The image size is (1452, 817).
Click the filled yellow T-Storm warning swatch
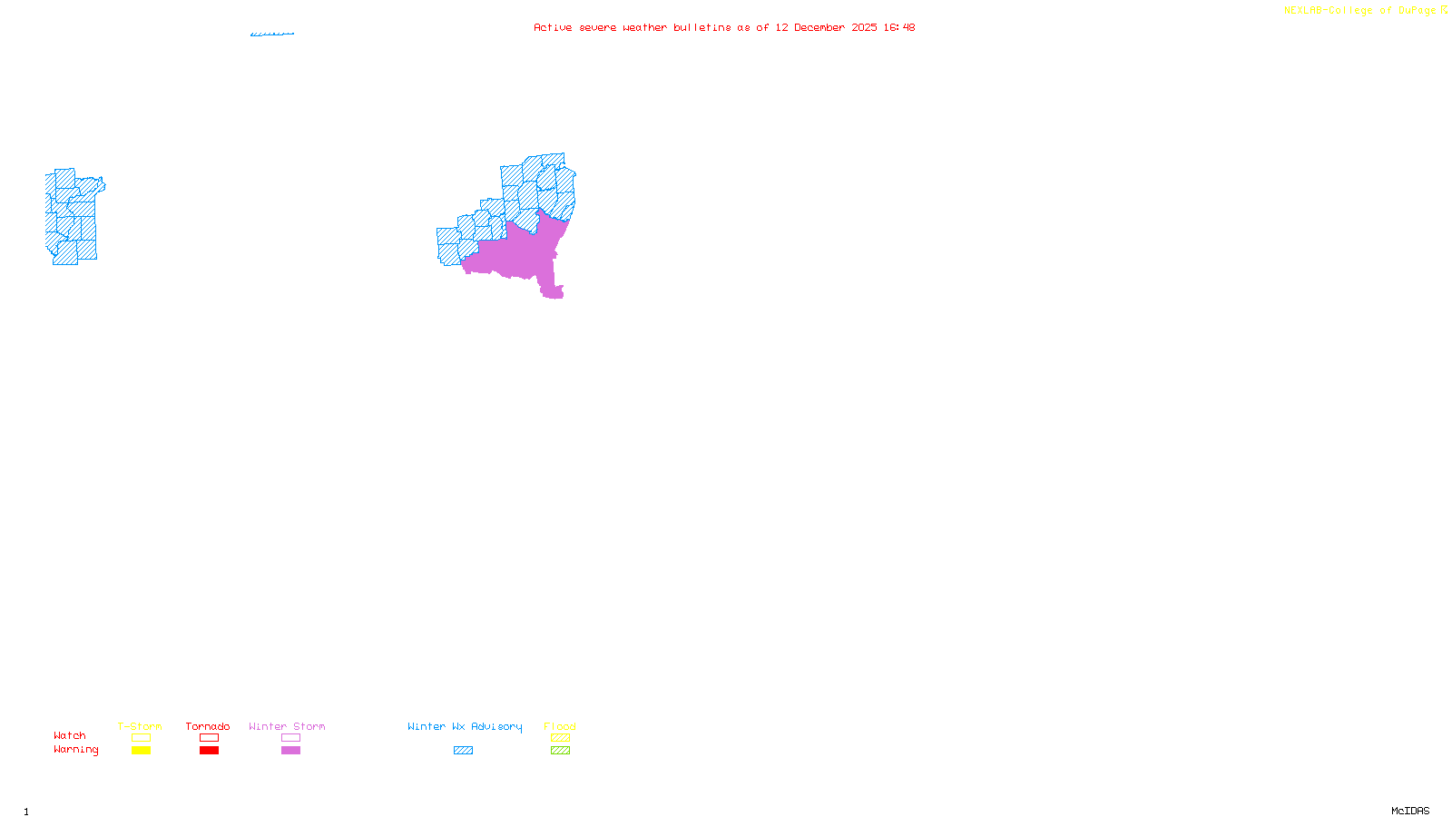point(141,751)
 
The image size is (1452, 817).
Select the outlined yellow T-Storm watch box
point(141,738)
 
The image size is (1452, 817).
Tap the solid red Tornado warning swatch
point(209,751)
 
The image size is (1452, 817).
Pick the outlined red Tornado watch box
point(209,738)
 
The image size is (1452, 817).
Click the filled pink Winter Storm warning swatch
point(290,751)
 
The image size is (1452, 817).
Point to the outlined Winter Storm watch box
point(290,738)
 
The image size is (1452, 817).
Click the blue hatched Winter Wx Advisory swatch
point(463,751)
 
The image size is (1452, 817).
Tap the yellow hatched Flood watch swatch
point(560,738)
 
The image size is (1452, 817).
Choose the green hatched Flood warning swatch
point(560,751)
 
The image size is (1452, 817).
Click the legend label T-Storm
point(140,726)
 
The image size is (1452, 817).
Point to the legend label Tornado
point(208,726)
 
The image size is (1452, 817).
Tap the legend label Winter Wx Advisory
point(465,726)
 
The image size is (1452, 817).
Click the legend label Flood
point(560,726)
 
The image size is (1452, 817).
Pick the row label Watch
point(70,736)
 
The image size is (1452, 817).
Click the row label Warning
point(75,750)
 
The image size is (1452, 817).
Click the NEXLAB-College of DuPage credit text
point(1360,11)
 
